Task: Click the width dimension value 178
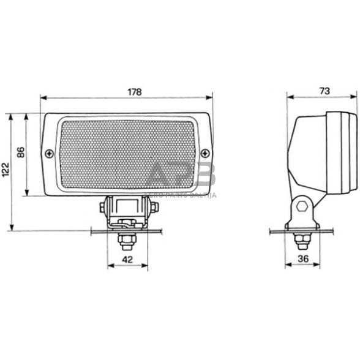134,92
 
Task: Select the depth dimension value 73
324,91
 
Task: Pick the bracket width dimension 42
127,258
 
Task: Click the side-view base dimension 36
302,258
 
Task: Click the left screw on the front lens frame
49,154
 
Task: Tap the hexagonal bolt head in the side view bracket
301,206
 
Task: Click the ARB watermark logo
182,177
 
